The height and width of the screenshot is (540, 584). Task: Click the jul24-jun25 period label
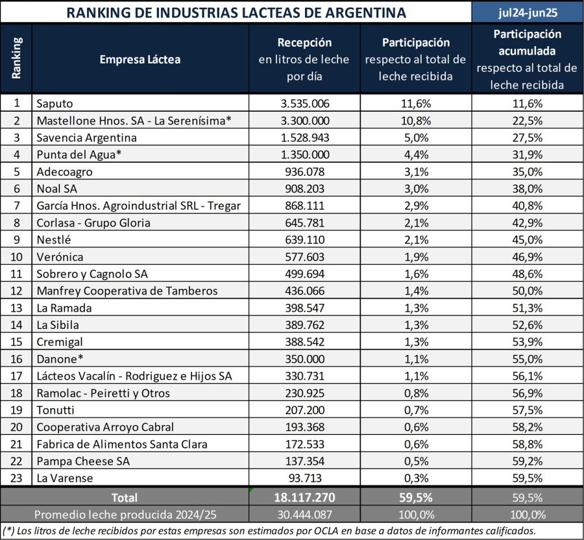pyautogui.click(x=527, y=12)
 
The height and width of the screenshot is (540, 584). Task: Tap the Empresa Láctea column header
pyautogui.click(x=140, y=60)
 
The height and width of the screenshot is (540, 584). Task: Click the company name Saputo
pyautogui.click(x=55, y=103)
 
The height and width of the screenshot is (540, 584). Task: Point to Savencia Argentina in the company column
pyautogui.click(x=86, y=138)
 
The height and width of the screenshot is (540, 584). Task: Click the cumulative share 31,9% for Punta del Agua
pyautogui.click(x=527, y=154)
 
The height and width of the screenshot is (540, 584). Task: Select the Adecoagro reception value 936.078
pyautogui.click(x=308, y=171)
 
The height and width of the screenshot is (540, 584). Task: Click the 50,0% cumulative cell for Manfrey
pyautogui.click(x=527, y=291)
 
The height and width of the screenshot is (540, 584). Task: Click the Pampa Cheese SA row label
pyautogui.click(x=75, y=461)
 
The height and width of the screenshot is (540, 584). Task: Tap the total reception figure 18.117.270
pyautogui.click(x=305, y=497)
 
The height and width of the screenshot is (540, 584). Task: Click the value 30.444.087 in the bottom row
pyautogui.click(x=305, y=514)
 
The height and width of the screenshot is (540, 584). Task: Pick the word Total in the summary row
pyautogui.click(x=124, y=497)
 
